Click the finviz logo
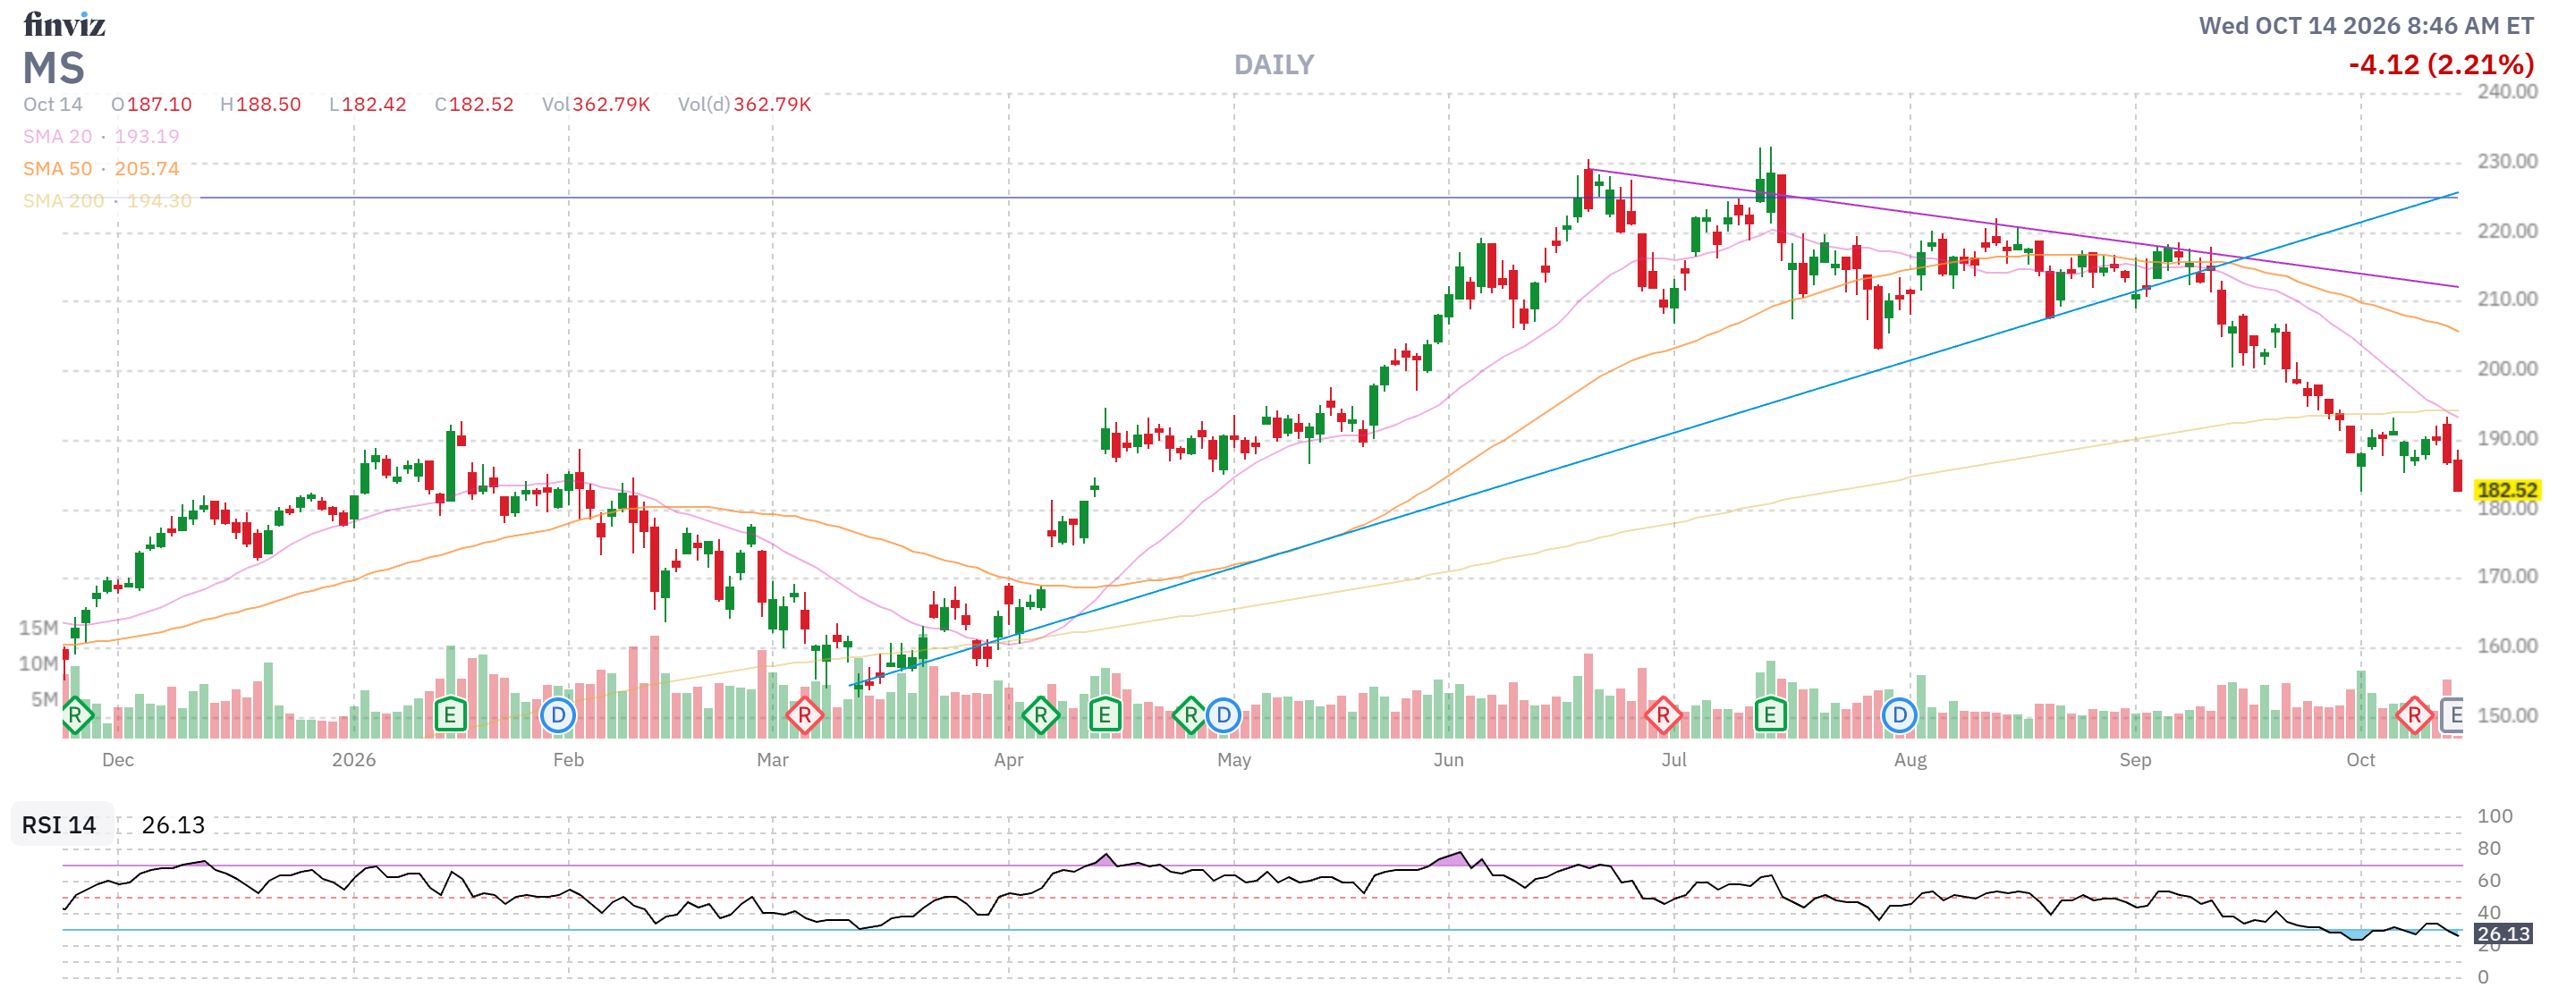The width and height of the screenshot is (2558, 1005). [x=64, y=24]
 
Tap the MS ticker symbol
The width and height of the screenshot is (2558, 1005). [x=54, y=69]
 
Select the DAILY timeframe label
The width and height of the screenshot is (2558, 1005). [x=1274, y=65]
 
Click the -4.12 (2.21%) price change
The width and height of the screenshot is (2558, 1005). [x=2441, y=65]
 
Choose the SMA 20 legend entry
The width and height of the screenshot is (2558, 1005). [x=101, y=136]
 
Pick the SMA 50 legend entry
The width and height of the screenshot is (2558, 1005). [x=101, y=169]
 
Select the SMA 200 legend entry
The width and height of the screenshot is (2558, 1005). [x=107, y=200]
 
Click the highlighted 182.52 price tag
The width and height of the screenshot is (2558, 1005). [x=2506, y=490]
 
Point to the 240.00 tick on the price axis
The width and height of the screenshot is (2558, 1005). [x=2506, y=91]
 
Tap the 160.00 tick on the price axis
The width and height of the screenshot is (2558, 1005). [x=2506, y=646]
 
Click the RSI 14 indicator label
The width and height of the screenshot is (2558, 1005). [x=60, y=824]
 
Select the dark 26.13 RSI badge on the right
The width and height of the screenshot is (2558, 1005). [x=2503, y=933]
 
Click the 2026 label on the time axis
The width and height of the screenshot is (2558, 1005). [x=353, y=760]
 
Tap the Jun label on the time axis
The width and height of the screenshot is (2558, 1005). [x=1448, y=760]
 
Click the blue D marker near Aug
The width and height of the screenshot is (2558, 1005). [x=1899, y=715]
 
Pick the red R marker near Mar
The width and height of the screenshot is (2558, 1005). [x=804, y=715]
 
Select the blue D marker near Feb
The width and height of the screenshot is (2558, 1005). [x=558, y=715]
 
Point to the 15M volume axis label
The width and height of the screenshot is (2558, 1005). [x=38, y=628]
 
